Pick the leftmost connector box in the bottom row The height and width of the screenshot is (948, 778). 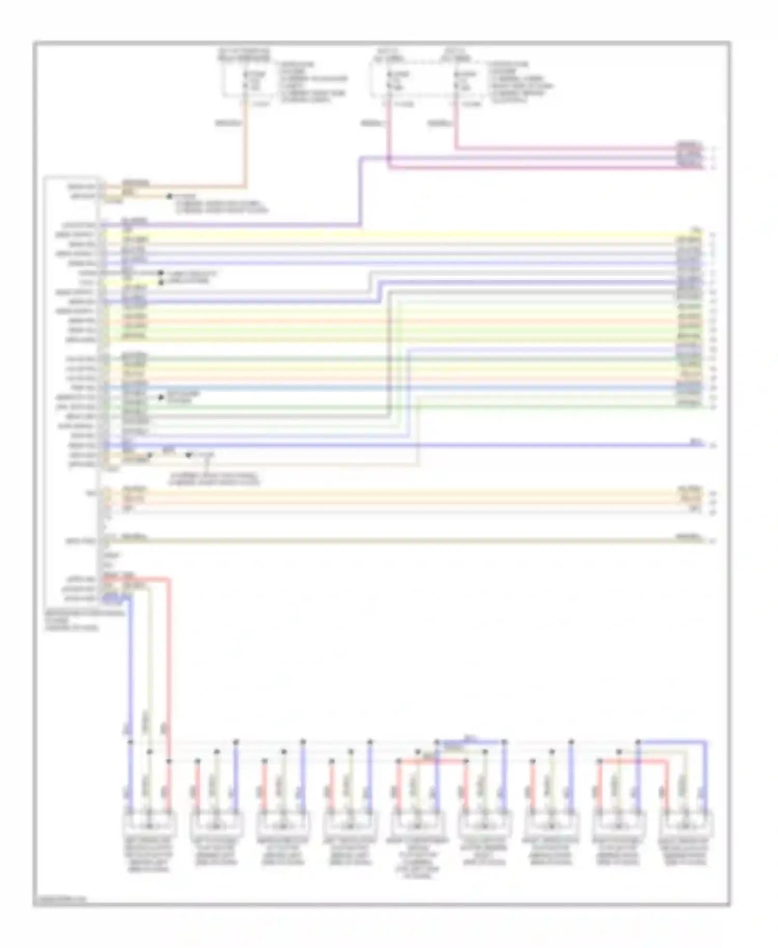[x=149, y=825]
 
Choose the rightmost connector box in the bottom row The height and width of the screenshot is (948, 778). [x=685, y=825]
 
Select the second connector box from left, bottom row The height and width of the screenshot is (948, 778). [x=216, y=825]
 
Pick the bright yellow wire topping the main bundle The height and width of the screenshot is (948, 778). [x=405, y=233]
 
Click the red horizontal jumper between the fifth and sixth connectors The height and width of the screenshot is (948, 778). [x=432, y=761]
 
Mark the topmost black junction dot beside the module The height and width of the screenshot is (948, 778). [x=170, y=197]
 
